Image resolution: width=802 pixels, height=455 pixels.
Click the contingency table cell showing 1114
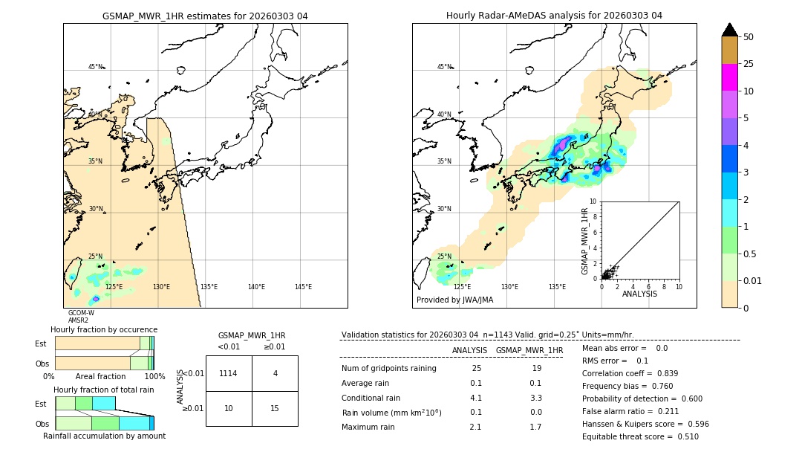pos(229,373)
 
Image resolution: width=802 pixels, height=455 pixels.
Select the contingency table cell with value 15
pos(275,408)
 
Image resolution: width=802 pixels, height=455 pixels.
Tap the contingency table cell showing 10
pos(229,408)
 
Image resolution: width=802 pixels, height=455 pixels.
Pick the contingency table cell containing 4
pos(275,373)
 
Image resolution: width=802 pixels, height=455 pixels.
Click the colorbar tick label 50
pos(749,37)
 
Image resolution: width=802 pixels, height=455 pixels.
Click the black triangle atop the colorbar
pos(729,30)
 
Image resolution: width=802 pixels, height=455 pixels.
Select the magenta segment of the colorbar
pos(729,77)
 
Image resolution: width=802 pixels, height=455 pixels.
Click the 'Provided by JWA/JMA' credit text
pos(454,300)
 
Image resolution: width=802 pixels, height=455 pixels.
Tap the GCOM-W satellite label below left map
pos(81,313)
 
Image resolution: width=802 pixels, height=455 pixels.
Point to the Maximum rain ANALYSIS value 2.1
pos(475,427)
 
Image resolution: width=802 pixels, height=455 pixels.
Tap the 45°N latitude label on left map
pos(96,67)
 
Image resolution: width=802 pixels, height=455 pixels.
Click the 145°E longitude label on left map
pos(303,287)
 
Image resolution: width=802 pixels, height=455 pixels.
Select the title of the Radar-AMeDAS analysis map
pos(554,16)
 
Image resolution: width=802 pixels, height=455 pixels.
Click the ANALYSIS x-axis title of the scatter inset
pos(639,294)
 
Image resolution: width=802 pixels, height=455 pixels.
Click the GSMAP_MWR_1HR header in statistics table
pos(529,350)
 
